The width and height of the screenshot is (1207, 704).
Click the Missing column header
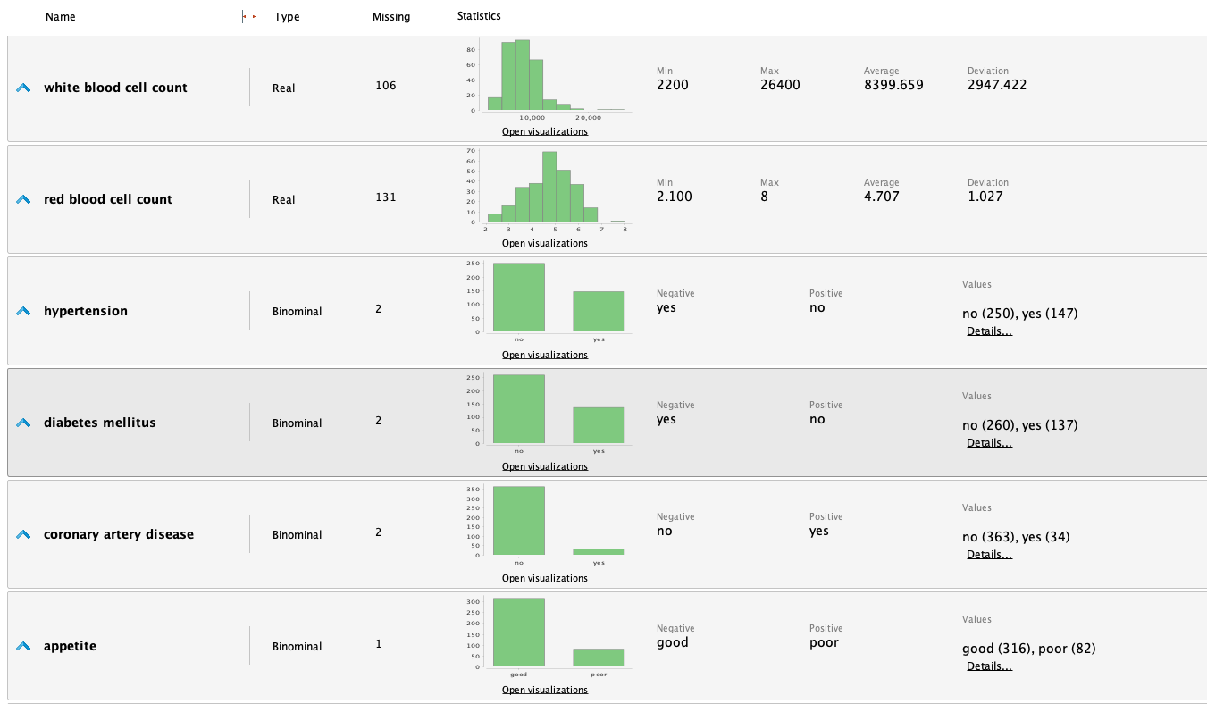[x=391, y=17]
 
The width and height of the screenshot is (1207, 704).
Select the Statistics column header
[x=479, y=16]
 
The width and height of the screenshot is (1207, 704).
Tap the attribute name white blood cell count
[x=115, y=88]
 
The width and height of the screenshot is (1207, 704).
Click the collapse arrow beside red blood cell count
[x=23, y=199]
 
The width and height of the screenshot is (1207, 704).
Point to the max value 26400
[x=780, y=85]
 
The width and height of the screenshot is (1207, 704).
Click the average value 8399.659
[x=893, y=85]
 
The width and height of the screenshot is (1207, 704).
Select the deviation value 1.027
[x=985, y=197]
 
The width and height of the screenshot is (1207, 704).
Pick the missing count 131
[x=386, y=197]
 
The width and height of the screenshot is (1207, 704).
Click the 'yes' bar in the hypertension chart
[x=599, y=311]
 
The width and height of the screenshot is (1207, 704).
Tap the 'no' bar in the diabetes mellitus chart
[x=519, y=409]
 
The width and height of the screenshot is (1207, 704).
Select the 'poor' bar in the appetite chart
[x=599, y=657]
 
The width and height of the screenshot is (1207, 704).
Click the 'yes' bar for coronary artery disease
[x=599, y=551]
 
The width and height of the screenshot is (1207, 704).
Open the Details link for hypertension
[x=989, y=331]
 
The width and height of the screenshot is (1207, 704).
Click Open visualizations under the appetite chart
[x=545, y=690]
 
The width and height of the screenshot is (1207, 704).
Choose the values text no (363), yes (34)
[x=1016, y=537]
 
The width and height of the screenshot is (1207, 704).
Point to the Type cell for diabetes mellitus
[x=297, y=423]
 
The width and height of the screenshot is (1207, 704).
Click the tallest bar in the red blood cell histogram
[x=549, y=187]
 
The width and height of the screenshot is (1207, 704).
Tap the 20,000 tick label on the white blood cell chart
[x=589, y=118]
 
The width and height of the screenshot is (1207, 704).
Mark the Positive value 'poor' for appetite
[x=825, y=642]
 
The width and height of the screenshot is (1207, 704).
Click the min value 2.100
[x=674, y=197]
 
